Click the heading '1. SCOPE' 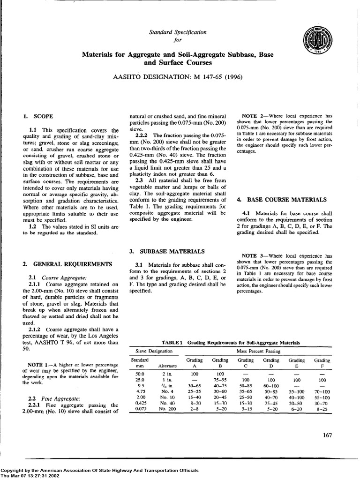(38, 115)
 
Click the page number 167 (327, 435)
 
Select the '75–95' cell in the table (220, 379)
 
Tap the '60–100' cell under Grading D (271, 385)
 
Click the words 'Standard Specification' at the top (177, 32)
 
